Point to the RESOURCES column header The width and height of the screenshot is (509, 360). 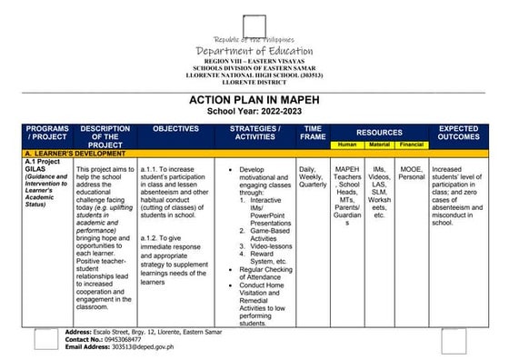coord(379,132)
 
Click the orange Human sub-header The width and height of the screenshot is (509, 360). coord(346,145)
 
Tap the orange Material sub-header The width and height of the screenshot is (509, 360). coord(379,145)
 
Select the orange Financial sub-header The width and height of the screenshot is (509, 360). coord(411,145)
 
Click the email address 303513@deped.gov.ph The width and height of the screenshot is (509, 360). coord(142,346)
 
